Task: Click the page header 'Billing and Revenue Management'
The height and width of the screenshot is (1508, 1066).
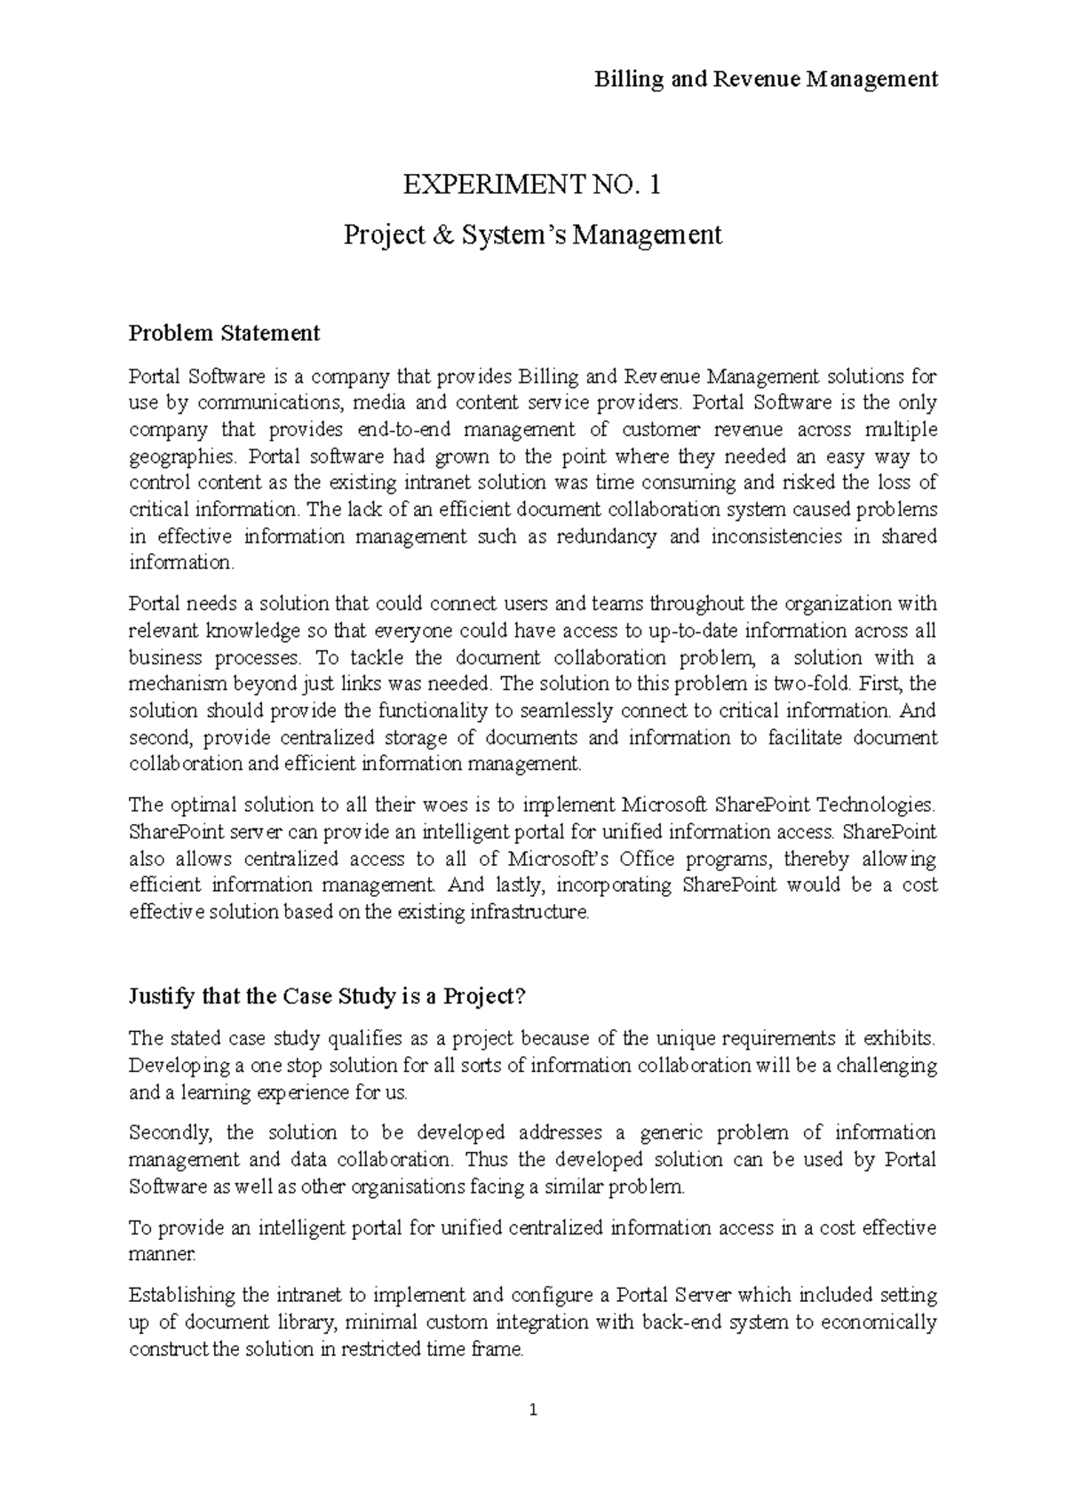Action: tap(766, 80)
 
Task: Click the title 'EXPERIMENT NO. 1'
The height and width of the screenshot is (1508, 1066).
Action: tap(532, 186)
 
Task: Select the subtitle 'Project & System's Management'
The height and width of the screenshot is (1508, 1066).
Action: tap(532, 235)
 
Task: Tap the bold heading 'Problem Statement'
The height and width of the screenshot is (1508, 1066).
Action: tap(224, 333)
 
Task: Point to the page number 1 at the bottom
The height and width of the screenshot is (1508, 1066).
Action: tap(533, 1409)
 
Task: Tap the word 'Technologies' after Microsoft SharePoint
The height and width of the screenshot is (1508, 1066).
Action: tap(875, 806)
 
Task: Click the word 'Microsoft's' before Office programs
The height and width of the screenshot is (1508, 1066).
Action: tap(560, 859)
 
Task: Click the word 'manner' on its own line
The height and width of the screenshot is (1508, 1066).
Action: tap(160, 1255)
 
